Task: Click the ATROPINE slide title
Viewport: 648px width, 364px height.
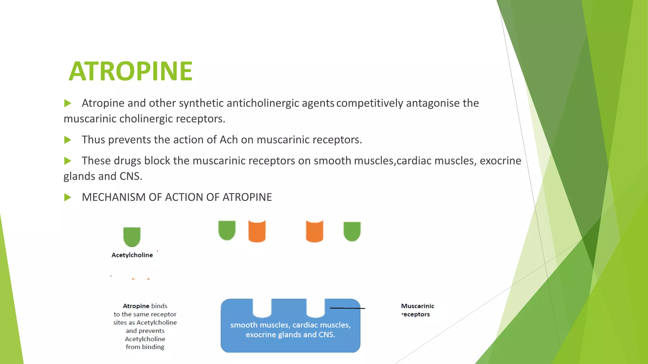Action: (130, 71)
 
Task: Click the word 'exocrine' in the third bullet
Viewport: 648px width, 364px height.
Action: (500, 161)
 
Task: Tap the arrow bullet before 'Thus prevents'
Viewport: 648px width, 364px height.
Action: (67, 140)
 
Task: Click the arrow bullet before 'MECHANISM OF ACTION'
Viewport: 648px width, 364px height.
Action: (67, 197)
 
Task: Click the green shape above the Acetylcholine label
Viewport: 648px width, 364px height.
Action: (132, 236)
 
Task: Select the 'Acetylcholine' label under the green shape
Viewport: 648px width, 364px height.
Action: (132, 255)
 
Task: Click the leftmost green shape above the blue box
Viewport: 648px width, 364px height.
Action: (227, 230)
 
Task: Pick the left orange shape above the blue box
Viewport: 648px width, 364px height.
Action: (257, 231)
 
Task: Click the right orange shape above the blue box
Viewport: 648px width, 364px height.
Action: (315, 231)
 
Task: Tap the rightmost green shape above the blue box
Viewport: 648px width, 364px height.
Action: (352, 231)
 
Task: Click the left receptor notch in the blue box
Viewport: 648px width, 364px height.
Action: (262, 307)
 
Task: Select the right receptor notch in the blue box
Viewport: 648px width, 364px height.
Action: (315, 307)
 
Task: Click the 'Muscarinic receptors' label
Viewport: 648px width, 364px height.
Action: (417, 310)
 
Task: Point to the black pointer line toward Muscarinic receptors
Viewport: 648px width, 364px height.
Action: (347, 308)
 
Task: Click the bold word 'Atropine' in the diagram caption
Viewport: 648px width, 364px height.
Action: (136, 306)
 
